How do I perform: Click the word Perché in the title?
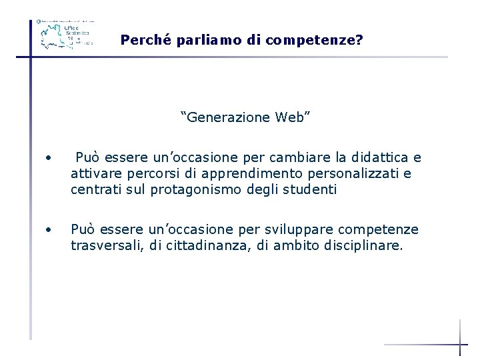tap(142, 40)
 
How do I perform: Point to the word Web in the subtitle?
tap(292, 118)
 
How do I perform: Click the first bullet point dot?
tap(49, 159)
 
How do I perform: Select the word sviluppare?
tap(301, 230)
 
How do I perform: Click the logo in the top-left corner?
tap(65, 33)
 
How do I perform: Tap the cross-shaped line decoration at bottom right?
tap(460, 343)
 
